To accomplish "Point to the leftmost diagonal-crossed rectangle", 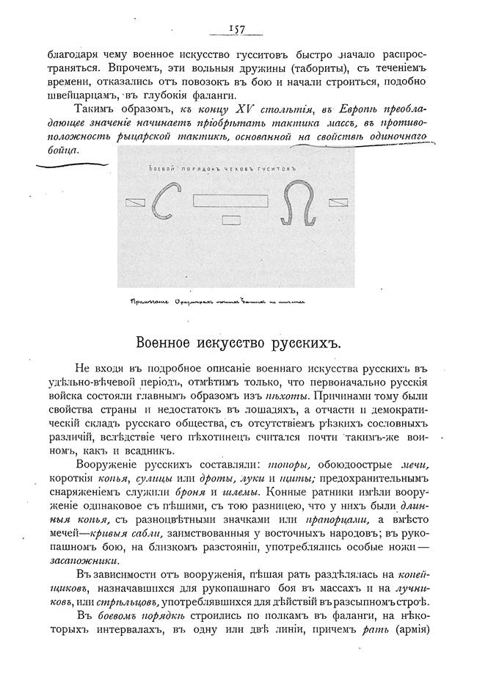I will (x=134, y=203).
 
